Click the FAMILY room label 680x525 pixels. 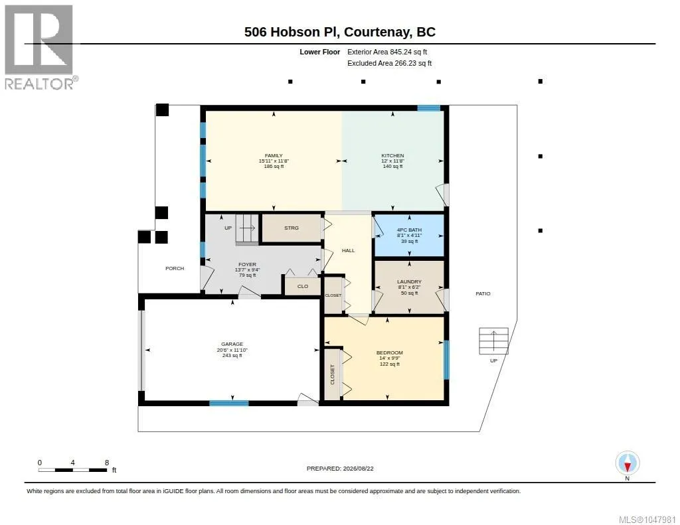[274, 155]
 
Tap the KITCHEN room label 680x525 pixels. [392, 155]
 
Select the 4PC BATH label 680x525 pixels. [409, 230]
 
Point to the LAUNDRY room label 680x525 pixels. [409, 282]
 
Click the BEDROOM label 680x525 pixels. [389, 353]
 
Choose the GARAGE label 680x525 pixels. [232, 344]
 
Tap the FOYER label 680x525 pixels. [247, 264]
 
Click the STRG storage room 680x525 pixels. [292, 228]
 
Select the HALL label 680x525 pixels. [348, 251]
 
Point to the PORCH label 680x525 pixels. [175, 269]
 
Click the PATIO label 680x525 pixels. [483, 294]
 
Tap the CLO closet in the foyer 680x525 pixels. [303, 286]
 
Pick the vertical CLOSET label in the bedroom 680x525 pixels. [333, 374]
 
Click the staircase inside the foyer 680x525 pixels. [247, 228]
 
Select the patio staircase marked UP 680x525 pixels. [493, 340]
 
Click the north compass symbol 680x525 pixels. [627, 463]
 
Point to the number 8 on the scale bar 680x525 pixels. [107, 463]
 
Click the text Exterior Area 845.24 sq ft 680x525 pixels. [387, 52]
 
